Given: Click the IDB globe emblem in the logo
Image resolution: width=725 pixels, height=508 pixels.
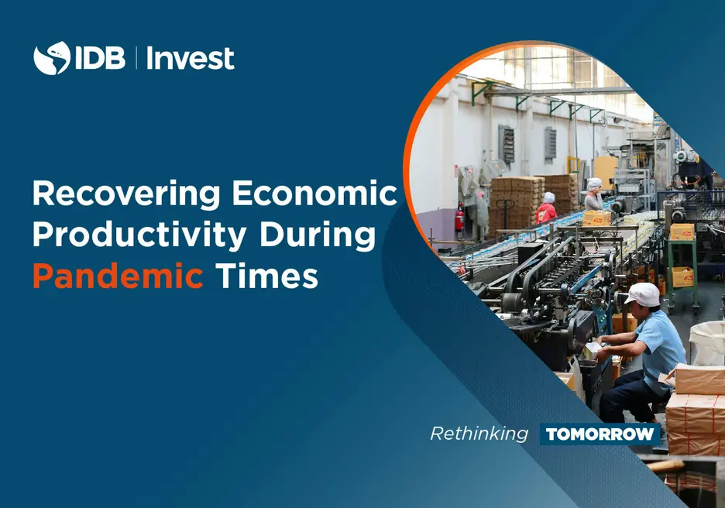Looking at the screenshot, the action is coord(51,58).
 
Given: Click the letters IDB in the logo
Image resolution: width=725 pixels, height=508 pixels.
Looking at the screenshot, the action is coord(99,58).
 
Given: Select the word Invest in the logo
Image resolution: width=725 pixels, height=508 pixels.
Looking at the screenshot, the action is coord(190,58).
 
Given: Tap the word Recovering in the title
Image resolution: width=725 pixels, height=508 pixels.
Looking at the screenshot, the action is coord(126,194).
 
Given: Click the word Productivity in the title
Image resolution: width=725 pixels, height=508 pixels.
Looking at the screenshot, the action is coord(139,235).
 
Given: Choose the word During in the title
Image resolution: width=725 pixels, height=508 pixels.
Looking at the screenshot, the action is coord(318,235).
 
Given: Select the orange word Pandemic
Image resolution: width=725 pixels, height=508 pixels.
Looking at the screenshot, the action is coord(118,275).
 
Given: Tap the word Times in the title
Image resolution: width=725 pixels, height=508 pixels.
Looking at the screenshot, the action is coord(266,276).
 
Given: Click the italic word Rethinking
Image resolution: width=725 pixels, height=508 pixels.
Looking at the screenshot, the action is coord(479,434).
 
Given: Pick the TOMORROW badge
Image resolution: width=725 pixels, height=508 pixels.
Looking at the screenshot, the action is coord(600,434).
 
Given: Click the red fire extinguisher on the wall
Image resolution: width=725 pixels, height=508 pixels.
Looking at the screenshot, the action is coord(459,217).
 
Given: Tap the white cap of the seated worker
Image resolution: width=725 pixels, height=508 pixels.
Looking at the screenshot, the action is coord(643,294).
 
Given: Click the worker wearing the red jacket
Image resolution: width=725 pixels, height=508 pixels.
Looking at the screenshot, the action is coord(547,208).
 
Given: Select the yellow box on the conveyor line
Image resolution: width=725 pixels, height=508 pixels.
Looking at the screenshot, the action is coord(596,218).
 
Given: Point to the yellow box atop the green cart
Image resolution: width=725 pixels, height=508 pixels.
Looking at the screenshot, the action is coord(682,232).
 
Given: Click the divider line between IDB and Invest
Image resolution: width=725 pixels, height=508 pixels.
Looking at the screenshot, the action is coord(136,58).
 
